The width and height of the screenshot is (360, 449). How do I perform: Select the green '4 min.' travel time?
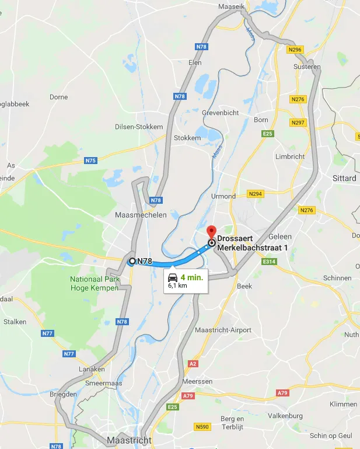(191, 277)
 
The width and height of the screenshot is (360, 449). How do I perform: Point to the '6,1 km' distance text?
(177, 286)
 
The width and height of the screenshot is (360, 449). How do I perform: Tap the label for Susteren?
(308, 67)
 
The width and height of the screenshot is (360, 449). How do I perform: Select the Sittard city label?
(344, 178)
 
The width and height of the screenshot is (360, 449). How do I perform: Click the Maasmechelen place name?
(141, 215)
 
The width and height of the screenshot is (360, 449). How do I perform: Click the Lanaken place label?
(92, 369)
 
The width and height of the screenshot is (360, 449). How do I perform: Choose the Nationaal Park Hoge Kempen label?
(95, 284)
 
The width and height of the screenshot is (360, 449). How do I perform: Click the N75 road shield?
(90, 161)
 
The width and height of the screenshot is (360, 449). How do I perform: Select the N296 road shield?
(295, 50)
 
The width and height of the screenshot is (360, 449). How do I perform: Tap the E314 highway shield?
(269, 262)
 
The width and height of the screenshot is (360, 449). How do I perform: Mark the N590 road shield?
(201, 427)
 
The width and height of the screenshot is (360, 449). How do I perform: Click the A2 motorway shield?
(193, 363)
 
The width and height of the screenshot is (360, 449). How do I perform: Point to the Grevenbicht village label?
(219, 112)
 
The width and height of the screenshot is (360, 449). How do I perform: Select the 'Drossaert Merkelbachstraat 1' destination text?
(254, 244)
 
